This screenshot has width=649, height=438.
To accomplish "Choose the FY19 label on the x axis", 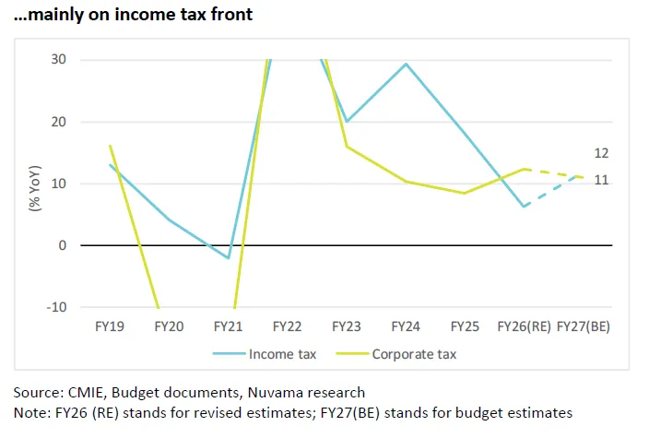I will pos(111,326).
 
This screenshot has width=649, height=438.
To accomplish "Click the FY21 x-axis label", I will pos(229,326).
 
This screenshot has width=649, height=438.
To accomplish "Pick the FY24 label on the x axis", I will pos(406,326).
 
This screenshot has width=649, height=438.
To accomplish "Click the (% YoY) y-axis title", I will pos(34,187).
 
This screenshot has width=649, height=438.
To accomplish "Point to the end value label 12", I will pos(600,153).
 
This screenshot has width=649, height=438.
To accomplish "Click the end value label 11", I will pos(600,181).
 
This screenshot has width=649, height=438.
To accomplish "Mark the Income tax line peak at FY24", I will pos(406,64).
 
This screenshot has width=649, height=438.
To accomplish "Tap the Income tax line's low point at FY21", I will pos(228,258).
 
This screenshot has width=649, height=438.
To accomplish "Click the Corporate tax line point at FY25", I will pos(465,194).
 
